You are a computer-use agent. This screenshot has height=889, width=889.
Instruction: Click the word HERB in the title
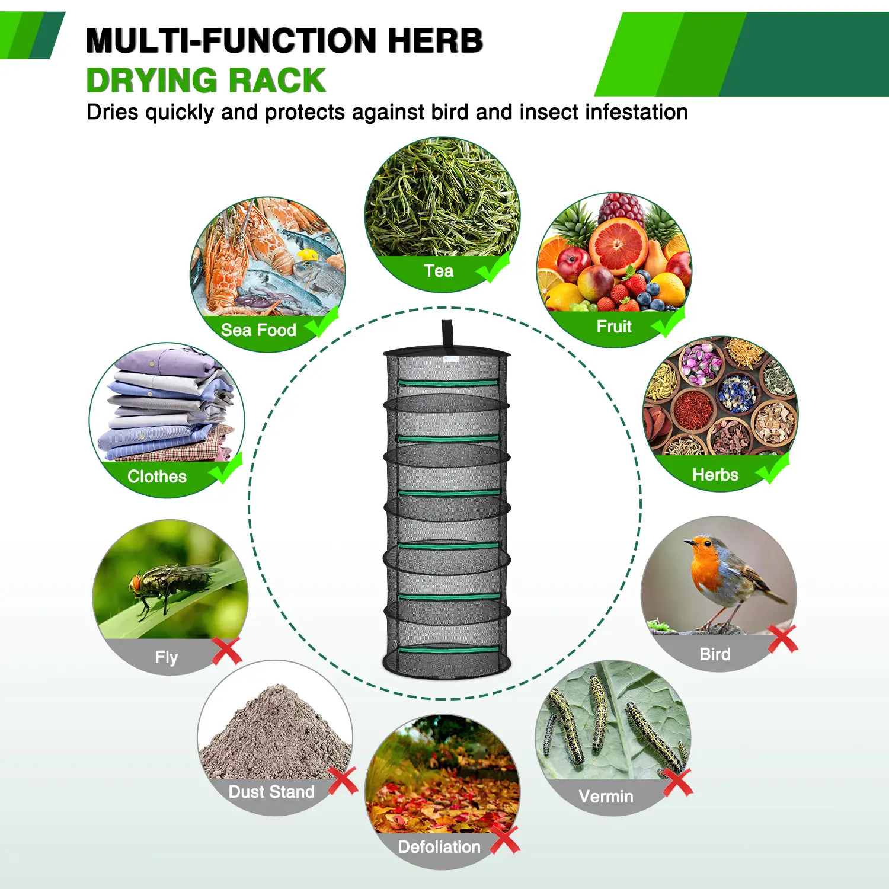[436, 41]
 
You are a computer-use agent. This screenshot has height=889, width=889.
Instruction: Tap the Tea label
[439, 271]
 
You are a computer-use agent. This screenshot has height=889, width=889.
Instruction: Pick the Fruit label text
[614, 327]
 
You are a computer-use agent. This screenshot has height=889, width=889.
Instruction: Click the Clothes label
[157, 477]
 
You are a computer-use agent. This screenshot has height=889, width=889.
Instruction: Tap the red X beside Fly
[227, 651]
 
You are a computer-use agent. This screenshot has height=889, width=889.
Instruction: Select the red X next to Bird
[783, 639]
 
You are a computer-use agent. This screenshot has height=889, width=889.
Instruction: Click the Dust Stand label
[271, 792]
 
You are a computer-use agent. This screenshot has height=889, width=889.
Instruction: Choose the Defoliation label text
[439, 847]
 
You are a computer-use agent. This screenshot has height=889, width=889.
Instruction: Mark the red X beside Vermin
[677, 782]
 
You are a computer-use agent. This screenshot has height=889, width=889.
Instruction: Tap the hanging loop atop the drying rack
[447, 335]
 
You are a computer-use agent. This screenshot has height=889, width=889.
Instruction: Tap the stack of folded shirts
[169, 405]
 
